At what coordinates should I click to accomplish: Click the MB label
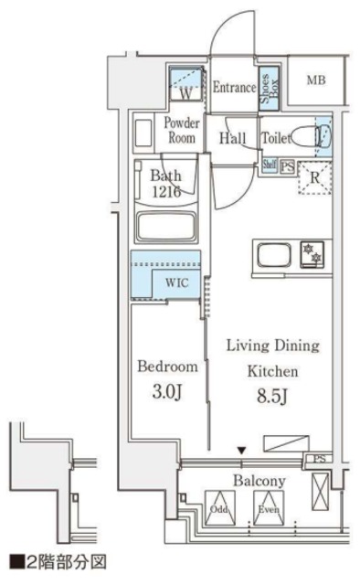(x=316, y=80)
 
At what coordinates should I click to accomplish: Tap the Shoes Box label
(x=269, y=89)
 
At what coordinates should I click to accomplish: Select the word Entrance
(x=235, y=88)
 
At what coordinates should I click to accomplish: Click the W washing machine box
(x=186, y=83)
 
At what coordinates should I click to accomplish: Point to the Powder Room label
(x=182, y=130)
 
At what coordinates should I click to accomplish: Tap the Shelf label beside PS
(x=270, y=165)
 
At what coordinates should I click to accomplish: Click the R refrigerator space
(x=315, y=177)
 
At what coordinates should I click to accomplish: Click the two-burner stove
(x=312, y=254)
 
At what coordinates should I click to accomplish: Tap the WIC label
(x=177, y=282)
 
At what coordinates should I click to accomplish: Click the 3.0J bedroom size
(x=167, y=392)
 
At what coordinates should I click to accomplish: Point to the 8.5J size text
(x=272, y=397)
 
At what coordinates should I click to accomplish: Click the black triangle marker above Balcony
(x=242, y=451)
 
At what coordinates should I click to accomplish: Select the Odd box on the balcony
(x=220, y=508)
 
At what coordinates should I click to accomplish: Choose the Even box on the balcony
(x=269, y=508)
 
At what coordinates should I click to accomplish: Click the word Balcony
(x=259, y=481)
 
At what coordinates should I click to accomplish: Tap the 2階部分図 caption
(x=58, y=562)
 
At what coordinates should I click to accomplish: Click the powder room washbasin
(x=143, y=133)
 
